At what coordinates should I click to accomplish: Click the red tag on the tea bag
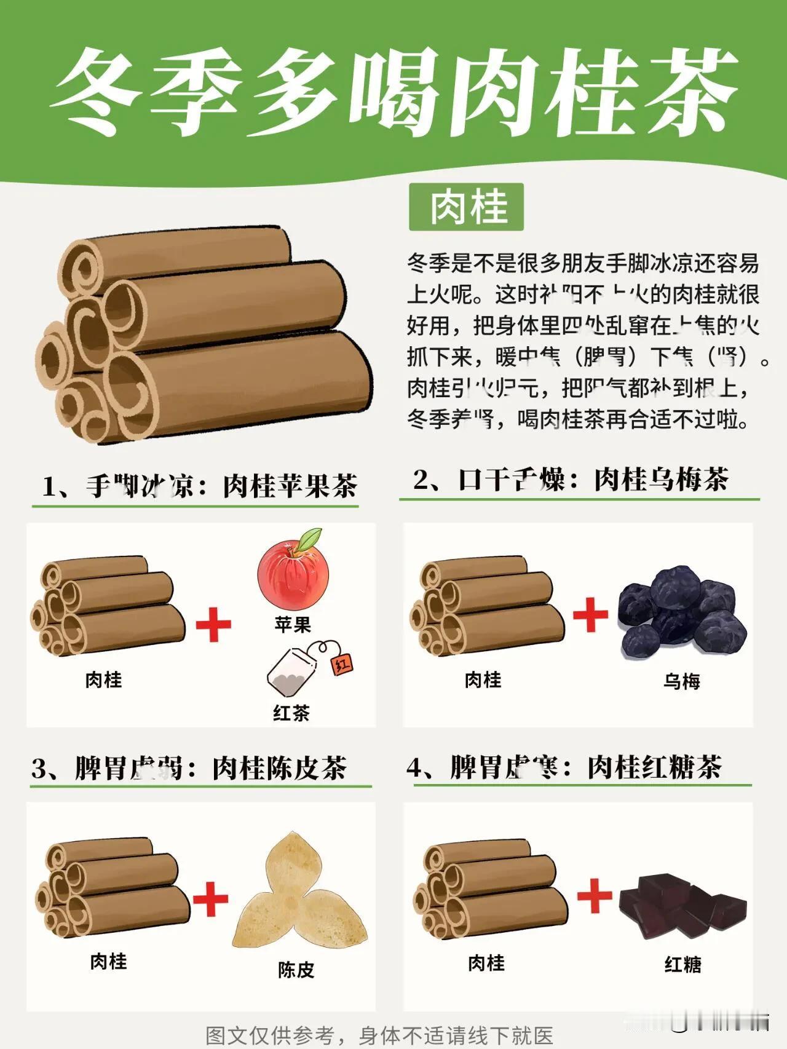click(x=342, y=664)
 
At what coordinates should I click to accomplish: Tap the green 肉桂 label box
click(x=466, y=207)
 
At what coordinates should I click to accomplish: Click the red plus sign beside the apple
click(x=213, y=623)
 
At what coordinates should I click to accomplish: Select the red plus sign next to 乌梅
click(x=590, y=614)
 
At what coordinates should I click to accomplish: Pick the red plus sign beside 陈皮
click(x=210, y=899)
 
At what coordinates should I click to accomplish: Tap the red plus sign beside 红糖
click(x=595, y=895)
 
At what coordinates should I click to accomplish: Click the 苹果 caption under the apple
click(x=293, y=625)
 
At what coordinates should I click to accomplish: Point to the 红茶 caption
click(x=291, y=713)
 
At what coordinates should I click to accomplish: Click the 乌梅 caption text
click(x=681, y=681)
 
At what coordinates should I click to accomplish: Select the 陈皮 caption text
click(x=296, y=970)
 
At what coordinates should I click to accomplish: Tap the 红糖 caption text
click(x=682, y=964)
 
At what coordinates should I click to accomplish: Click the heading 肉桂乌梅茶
click(x=661, y=480)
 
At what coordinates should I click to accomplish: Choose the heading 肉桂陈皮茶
click(x=280, y=768)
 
